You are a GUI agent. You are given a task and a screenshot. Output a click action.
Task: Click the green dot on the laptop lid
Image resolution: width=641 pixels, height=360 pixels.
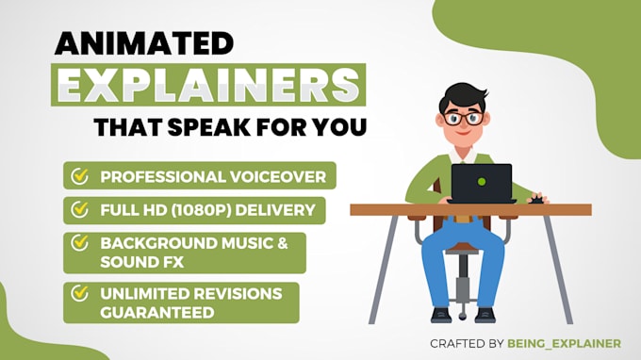pyautogui.click(x=482, y=181)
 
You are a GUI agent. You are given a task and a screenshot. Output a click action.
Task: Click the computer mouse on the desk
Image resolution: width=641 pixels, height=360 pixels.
pyautogui.click(x=537, y=199)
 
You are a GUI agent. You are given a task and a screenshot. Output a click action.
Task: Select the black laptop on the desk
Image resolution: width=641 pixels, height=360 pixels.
pyautogui.click(x=482, y=183)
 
